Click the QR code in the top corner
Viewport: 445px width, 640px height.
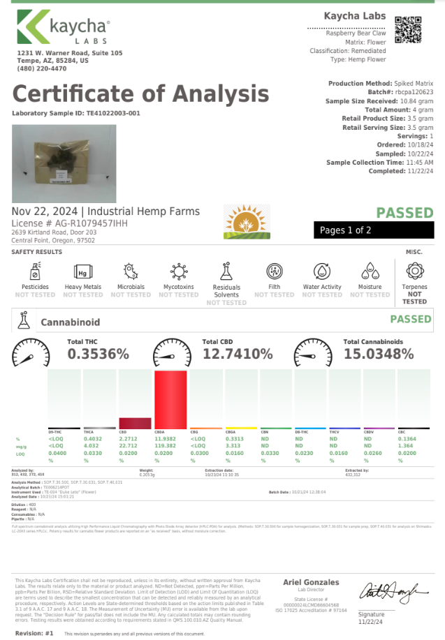(x=409, y=29)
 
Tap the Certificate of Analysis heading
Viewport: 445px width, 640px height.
(x=140, y=94)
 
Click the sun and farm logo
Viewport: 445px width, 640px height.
(x=247, y=222)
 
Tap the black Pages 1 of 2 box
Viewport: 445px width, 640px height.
(x=374, y=230)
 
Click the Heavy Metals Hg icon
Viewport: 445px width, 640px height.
(x=82, y=271)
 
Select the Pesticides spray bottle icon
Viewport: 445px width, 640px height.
(x=35, y=271)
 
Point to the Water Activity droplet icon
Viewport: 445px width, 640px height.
(x=322, y=271)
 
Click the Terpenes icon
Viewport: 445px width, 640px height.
(x=414, y=270)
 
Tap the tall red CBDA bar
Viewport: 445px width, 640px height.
(x=170, y=399)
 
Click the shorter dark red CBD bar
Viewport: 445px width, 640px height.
(x=136, y=422)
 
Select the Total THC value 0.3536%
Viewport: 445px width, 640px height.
(x=99, y=354)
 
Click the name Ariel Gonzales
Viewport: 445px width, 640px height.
(x=311, y=582)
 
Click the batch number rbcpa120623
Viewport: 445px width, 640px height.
(x=414, y=92)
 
